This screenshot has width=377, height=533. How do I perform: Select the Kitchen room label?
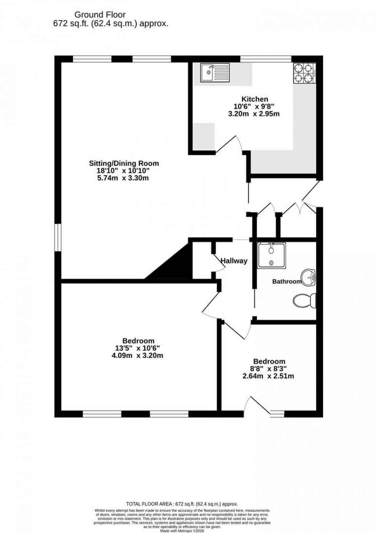[255, 99]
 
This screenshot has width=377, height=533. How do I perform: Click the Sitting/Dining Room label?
[124, 163]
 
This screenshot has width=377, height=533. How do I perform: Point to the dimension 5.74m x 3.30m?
[124, 178]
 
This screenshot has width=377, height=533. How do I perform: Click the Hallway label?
[234, 261]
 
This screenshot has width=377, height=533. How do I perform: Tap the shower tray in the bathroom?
[272, 255]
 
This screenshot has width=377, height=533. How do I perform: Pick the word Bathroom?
[287, 282]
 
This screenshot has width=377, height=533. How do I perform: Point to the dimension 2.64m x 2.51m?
[269, 376]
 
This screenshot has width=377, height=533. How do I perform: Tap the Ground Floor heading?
[100, 15]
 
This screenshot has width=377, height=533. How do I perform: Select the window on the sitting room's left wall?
[57, 237]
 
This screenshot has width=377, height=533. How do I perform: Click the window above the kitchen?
[265, 59]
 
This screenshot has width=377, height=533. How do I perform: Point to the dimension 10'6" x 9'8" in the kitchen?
[255, 106]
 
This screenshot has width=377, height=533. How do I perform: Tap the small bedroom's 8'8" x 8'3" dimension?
[269, 369]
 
